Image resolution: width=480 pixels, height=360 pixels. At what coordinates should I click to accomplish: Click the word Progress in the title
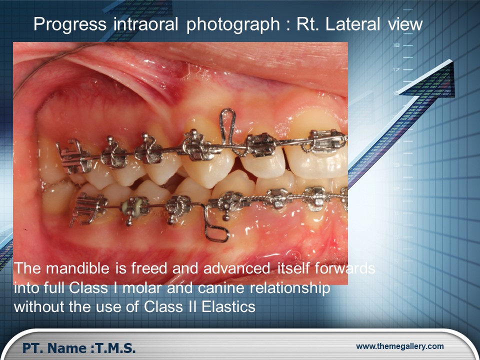(70, 24)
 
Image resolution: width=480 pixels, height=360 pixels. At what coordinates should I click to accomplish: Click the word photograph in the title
(233, 24)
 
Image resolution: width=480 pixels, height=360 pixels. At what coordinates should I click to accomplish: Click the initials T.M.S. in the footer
(115, 348)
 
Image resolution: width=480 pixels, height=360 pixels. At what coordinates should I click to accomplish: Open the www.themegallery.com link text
(400, 346)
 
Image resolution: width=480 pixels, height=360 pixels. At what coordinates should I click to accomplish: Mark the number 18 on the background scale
(396, 45)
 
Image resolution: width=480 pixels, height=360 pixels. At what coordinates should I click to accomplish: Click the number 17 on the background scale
(396, 69)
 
